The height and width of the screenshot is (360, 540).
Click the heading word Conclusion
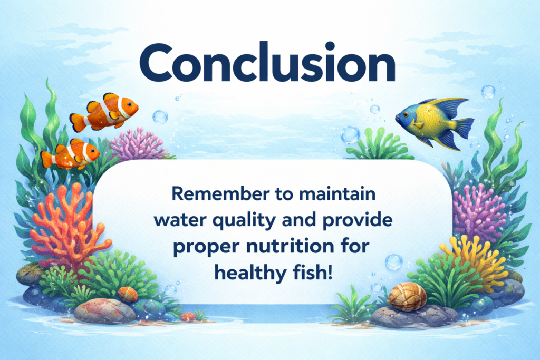[x=267, y=63]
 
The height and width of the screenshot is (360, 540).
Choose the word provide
[x=358, y=221]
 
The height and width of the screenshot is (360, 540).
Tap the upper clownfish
[x=104, y=112]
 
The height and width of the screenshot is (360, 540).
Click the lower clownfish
[x=70, y=154]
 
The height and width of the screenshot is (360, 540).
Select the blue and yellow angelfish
[x=435, y=122]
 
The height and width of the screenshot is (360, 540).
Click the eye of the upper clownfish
[x=129, y=104]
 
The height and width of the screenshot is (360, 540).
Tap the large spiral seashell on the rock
[x=407, y=297]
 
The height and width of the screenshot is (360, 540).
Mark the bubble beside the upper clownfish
[x=160, y=116]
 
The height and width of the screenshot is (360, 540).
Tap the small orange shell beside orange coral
[x=128, y=294]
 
